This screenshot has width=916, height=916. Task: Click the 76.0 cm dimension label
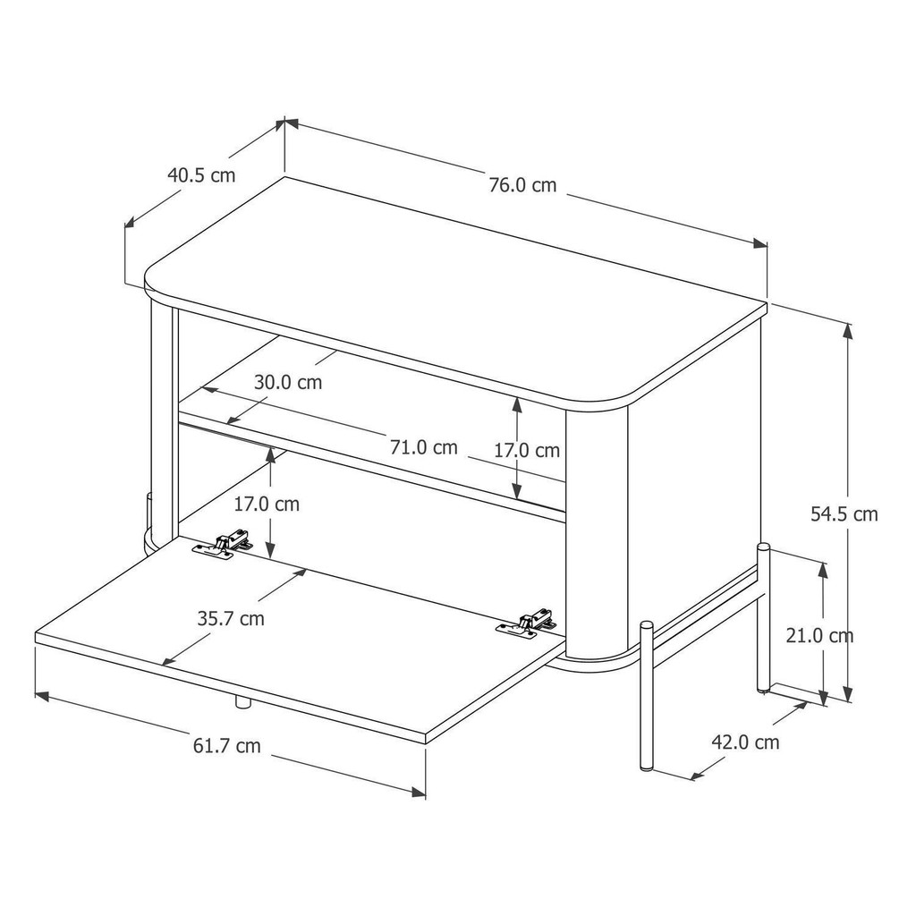coord(522,185)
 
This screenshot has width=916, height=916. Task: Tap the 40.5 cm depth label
coord(201,174)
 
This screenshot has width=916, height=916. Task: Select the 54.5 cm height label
coord(844,514)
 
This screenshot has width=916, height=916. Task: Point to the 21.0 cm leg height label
coord(819,635)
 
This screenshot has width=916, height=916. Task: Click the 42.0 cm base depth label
coord(745,742)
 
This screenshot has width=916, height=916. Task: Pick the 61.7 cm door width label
coord(226,746)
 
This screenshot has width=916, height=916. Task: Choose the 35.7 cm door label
coord(231,618)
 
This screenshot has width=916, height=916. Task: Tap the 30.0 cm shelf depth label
coord(288,382)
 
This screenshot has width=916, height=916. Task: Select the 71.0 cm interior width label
coord(423,447)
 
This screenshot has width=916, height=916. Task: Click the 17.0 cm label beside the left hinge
coord(267,504)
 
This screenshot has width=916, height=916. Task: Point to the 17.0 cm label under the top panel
coord(527,451)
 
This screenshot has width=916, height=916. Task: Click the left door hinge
coord(225,545)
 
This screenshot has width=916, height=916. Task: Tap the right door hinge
coord(526,624)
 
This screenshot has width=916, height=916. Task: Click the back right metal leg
coord(764,618)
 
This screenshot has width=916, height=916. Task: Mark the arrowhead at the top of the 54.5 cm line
coord(848,328)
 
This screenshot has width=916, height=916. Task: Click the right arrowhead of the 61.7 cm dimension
coord(419,792)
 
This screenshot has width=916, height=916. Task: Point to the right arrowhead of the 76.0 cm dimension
coord(759,244)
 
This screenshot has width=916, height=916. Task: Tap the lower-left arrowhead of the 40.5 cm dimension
coord(131,223)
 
